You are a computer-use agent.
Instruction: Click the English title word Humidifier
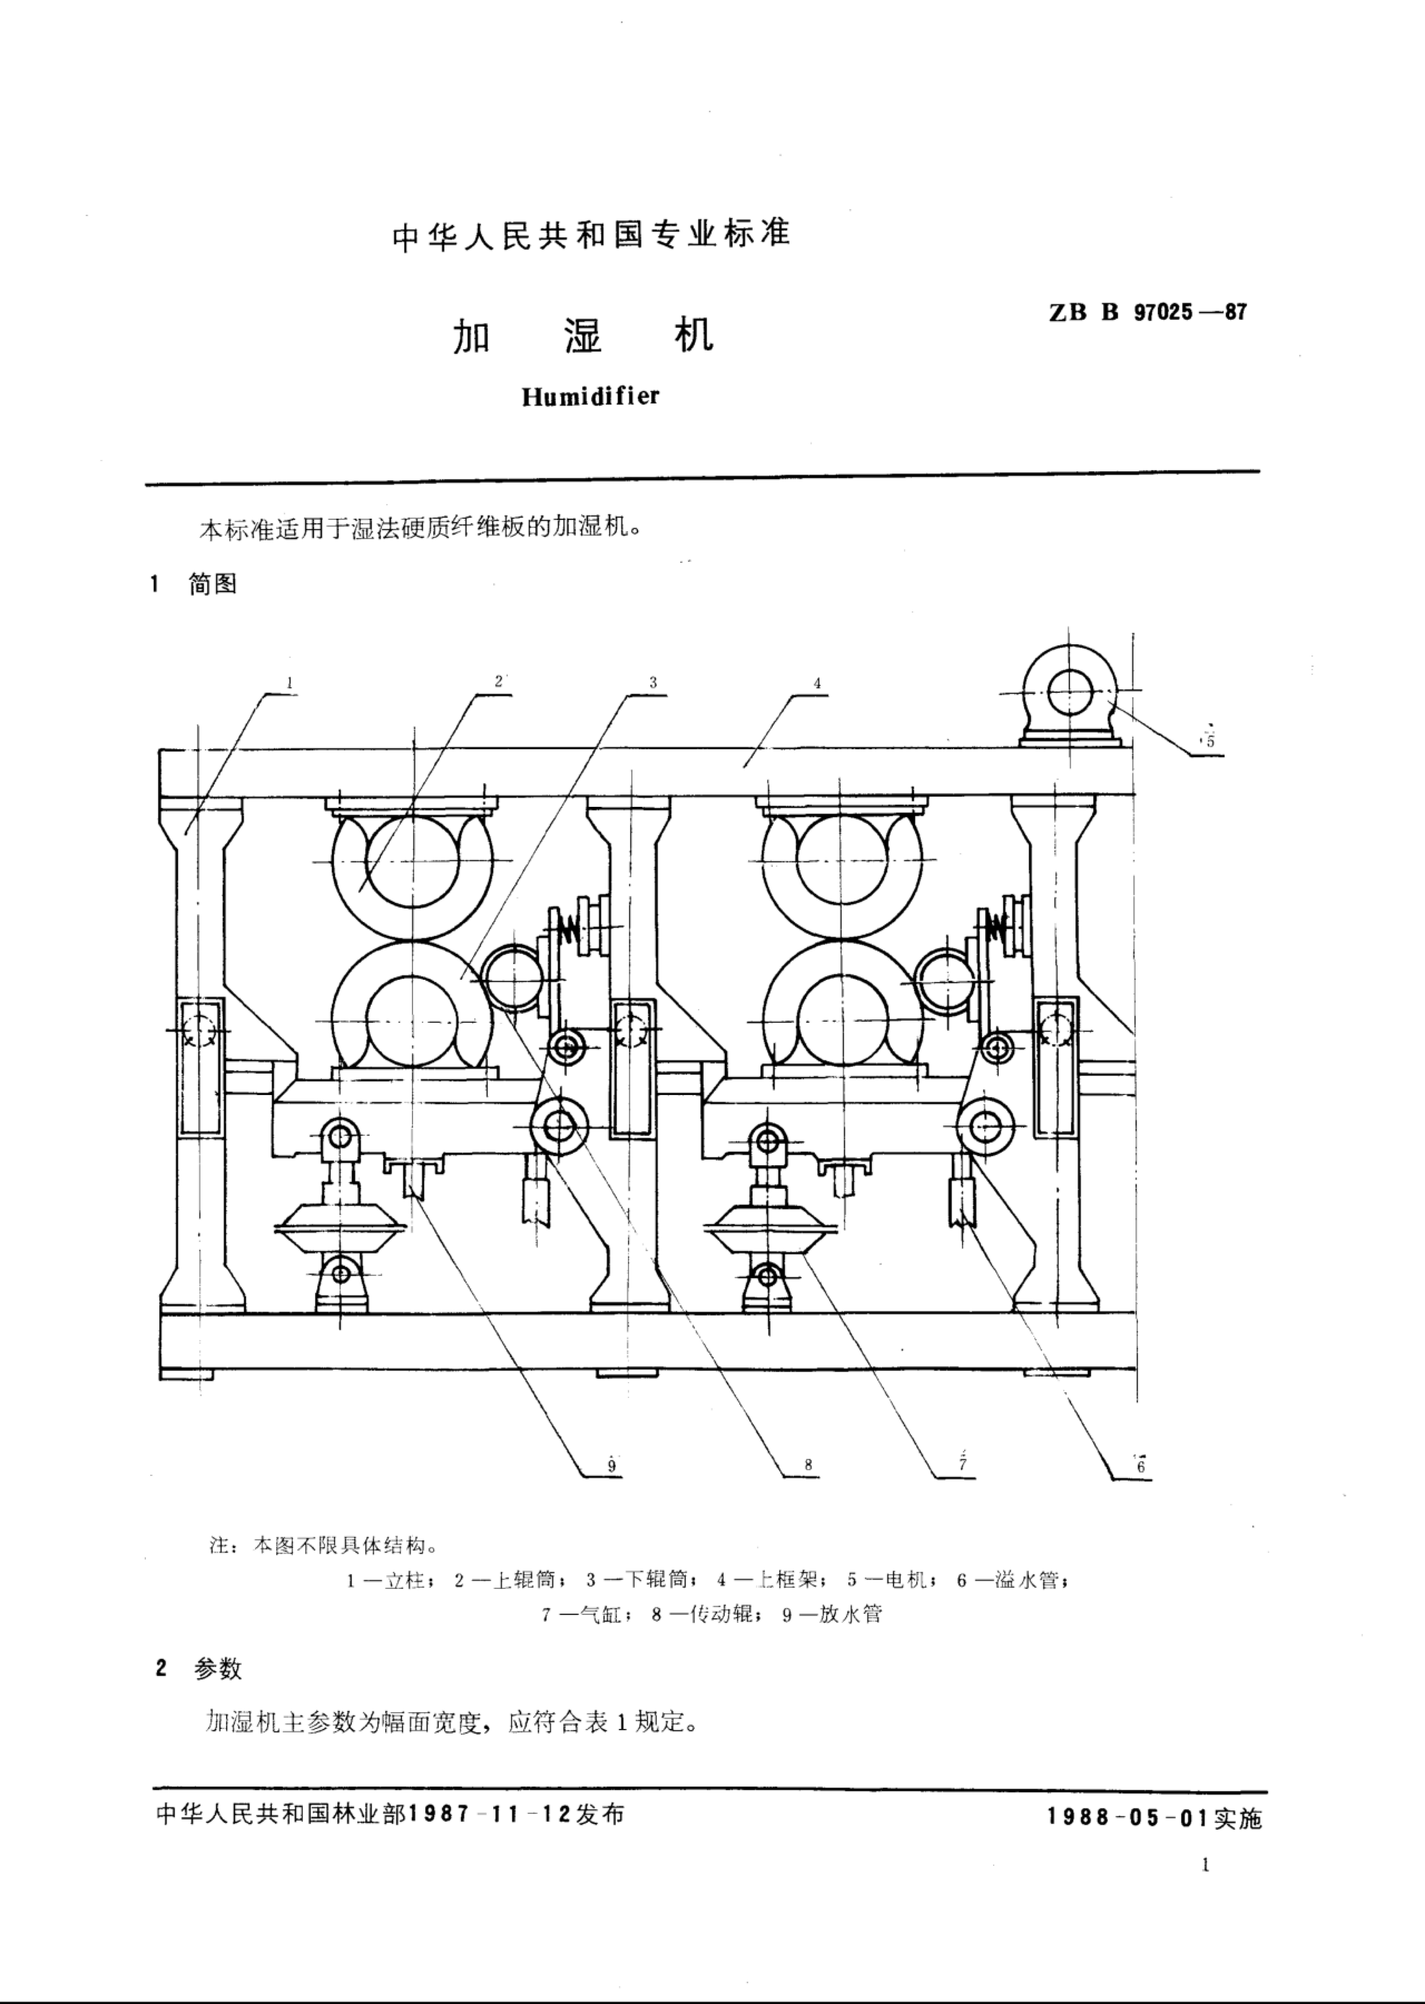tap(590, 397)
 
